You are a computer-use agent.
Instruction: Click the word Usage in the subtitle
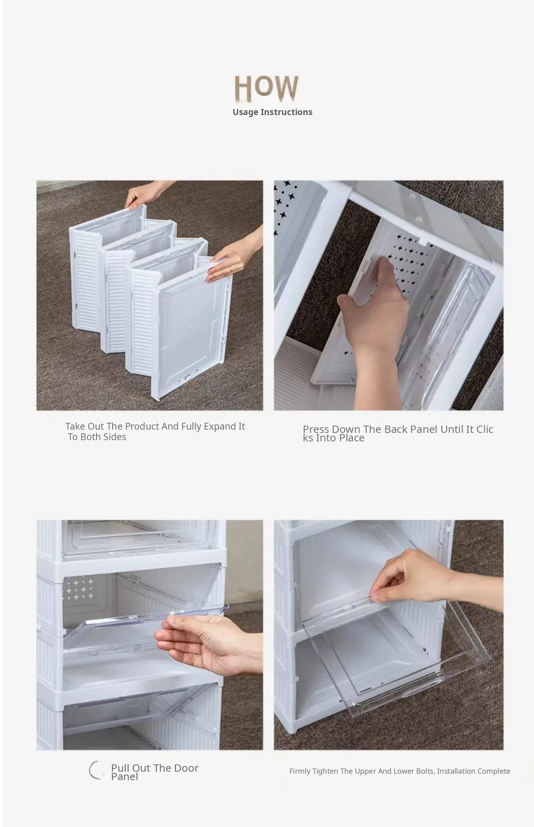click(245, 112)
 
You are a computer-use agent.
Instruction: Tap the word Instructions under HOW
click(287, 112)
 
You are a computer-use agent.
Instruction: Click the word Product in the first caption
click(142, 426)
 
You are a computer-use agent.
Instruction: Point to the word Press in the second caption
click(316, 429)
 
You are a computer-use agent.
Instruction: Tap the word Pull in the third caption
click(120, 768)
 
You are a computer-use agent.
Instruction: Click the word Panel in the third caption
click(124, 777)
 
